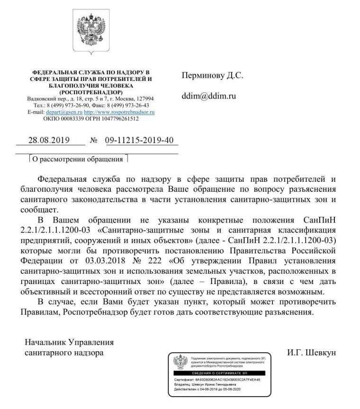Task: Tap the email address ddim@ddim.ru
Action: point(209,96)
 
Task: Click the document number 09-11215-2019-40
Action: point(139,140)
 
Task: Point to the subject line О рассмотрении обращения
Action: point(79,159)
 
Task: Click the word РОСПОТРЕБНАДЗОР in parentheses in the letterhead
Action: point(89,92)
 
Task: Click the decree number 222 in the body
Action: point(162,260)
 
